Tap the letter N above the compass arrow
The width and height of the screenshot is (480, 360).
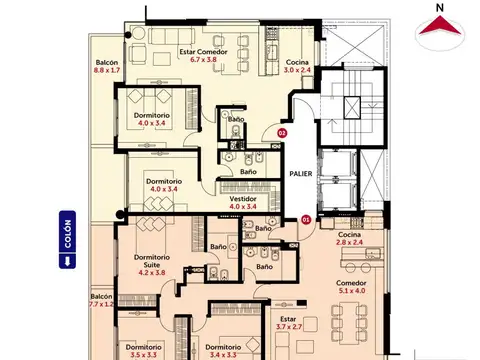click(437, 8)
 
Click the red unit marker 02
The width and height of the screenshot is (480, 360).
click(282, 132)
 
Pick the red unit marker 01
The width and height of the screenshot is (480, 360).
click(305, 219)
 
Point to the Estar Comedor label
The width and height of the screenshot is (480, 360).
click(203, 51)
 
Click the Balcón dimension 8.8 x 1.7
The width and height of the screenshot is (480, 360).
click(107, 71)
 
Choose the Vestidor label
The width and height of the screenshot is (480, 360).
click(243, 198)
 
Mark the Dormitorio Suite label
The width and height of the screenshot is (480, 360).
click(151, 260)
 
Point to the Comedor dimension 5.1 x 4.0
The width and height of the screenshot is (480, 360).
click(352, 292)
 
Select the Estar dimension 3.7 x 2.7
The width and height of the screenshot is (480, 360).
click(288, 326)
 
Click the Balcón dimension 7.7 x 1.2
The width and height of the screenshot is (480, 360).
click(101, 304)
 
